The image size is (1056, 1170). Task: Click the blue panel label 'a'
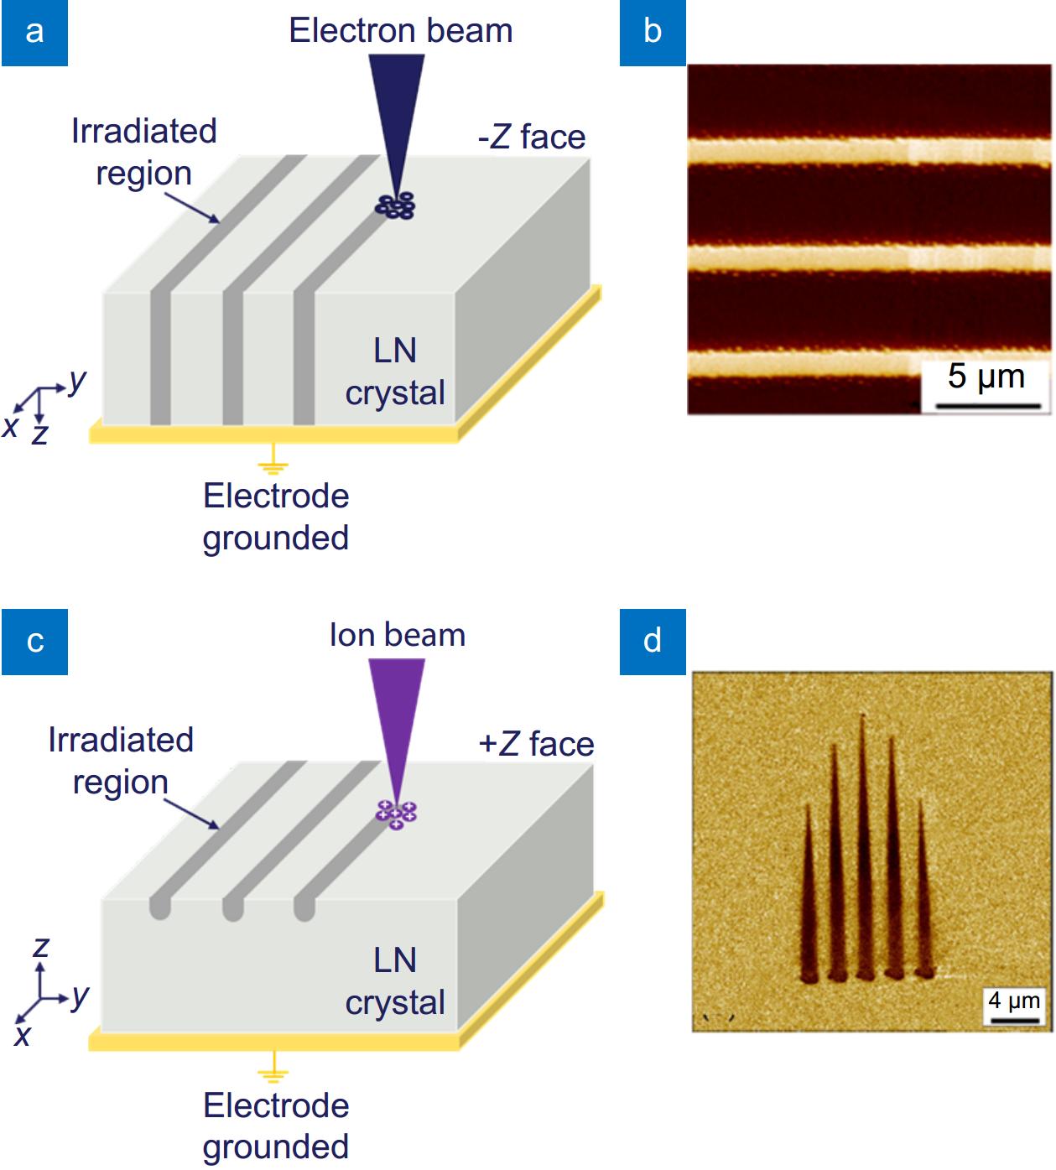point(34,32)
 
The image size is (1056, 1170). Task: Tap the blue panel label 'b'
point(653,32)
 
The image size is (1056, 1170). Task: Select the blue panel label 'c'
point(34,642)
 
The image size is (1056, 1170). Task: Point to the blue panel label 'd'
point(653,642)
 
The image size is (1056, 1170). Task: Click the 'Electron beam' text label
point(400,31)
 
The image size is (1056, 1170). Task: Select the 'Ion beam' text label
point(397,635)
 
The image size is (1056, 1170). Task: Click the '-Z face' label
point(532,137)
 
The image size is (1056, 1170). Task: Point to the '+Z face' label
point(536,744)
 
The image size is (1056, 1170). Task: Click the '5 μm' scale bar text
point(986,377)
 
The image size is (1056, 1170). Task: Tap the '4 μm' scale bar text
point(1013,1000)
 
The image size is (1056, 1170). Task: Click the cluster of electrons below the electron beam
point(395,205)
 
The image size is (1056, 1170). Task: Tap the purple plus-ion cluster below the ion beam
point(396,814)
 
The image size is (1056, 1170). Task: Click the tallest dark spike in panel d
point(863,847)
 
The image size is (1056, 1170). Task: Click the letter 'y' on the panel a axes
point(77,381)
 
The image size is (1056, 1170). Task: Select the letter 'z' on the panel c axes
point(40,948)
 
